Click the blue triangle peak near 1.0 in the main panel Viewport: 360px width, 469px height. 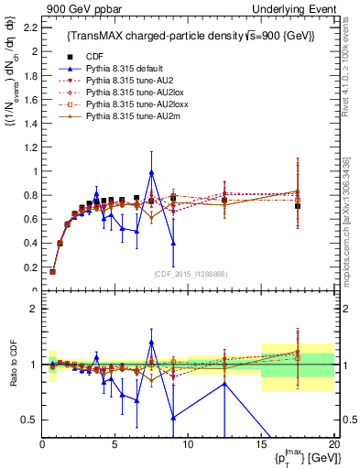click(x=151, y=173)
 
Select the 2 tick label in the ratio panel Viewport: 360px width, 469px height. click(x=32, y=309)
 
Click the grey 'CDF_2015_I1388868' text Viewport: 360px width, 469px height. click(x=188, y=275)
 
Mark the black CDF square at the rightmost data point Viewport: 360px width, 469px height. click(x=298, y=206)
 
